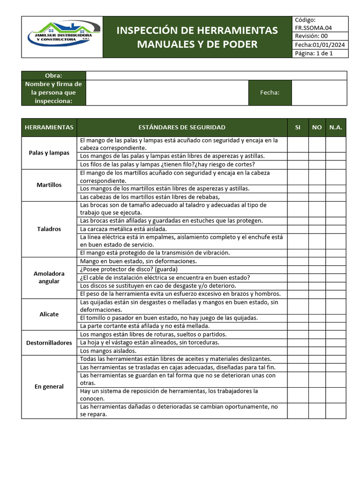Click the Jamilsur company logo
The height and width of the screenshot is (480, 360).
point(62,37)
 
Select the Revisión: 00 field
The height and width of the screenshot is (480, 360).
point(311,37)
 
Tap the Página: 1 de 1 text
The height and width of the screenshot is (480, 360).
point(314,53)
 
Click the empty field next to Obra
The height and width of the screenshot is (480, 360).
point(216,76)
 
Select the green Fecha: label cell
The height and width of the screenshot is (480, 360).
point(270,93)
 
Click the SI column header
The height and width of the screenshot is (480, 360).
point(298,127)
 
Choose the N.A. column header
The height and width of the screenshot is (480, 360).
point(336,127)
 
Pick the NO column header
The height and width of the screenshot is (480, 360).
point(317,127)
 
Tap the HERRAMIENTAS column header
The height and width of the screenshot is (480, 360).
point(49,127)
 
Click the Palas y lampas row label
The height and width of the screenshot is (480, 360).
point(49,153)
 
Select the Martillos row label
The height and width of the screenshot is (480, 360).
point(49,185)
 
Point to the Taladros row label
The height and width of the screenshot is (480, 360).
point(49,229)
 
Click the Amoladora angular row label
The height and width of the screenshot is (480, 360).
point(49,277)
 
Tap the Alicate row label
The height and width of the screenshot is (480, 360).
point(49,314)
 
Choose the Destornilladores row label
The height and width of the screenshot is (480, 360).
point(49,343)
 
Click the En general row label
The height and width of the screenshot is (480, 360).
point(49,387)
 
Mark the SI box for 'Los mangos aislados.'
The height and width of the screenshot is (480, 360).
point(298,351)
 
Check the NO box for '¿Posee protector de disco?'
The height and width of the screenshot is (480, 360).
point(317,270)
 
